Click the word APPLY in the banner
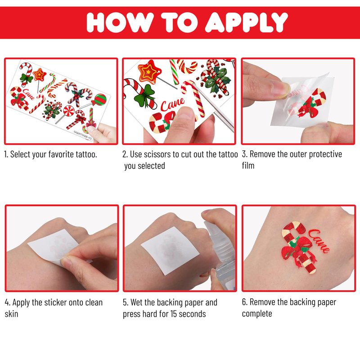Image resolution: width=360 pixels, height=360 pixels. (x=246, y=22)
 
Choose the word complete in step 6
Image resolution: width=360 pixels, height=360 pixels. (x=257, y=314)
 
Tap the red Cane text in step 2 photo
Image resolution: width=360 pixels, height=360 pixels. (x=172, y=104)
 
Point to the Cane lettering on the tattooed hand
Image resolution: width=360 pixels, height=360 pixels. (x=319, y=241)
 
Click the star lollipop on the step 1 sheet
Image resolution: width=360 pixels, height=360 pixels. (x=40, y=75)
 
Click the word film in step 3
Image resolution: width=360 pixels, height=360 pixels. (x=248, y=166)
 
